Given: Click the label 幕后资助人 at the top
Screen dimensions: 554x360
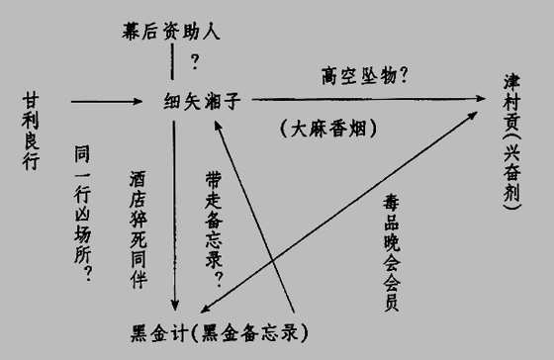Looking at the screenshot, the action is click(171, 31).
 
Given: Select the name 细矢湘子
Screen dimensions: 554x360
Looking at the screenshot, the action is click(202, 102).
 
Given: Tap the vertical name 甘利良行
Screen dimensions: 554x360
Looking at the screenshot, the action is click(31, 132).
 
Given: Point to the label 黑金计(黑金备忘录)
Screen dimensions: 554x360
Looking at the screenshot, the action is click(219, 332).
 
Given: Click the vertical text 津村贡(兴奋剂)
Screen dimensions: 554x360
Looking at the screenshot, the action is click(512, 141).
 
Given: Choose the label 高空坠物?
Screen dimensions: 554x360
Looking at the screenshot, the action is click(365, 75).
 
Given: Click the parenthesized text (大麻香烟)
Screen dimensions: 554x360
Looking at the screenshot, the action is click(328, 129).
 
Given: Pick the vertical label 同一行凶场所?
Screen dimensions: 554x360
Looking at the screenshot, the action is click(83, 213).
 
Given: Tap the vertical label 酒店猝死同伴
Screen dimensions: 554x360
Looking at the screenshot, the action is click(138, 229).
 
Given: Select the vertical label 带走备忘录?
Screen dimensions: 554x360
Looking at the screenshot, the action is click(214, 229).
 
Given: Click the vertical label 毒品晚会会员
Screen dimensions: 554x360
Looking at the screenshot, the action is click(392, 252).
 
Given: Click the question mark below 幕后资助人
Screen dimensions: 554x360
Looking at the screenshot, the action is click(195, 61).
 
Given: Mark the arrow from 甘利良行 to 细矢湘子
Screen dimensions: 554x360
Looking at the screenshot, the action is click(107, 102).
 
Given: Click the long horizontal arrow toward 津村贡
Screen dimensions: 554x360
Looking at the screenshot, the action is click(368, 99).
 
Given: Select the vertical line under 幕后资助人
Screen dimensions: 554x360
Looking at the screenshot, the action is click(172, 62).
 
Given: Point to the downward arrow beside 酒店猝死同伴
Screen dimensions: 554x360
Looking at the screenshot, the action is click(174, 216).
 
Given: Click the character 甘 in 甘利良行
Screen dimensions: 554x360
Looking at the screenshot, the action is click(31, 100).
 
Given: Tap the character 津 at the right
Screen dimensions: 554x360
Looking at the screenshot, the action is click(512, 82).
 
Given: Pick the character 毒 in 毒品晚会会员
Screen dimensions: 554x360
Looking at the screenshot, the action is click(392, 203).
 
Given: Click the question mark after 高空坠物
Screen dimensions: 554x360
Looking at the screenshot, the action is click(404, 75).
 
